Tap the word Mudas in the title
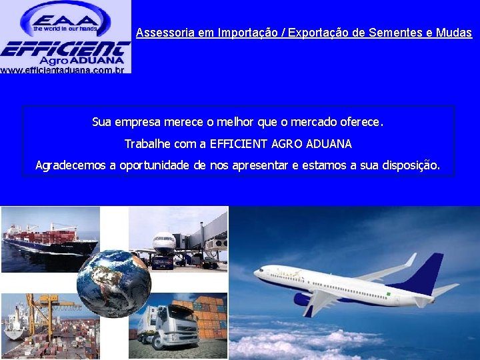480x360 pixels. click(455, 33)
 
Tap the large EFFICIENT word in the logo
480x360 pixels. click(65, 48)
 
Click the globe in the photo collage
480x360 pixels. click(113, 283)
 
